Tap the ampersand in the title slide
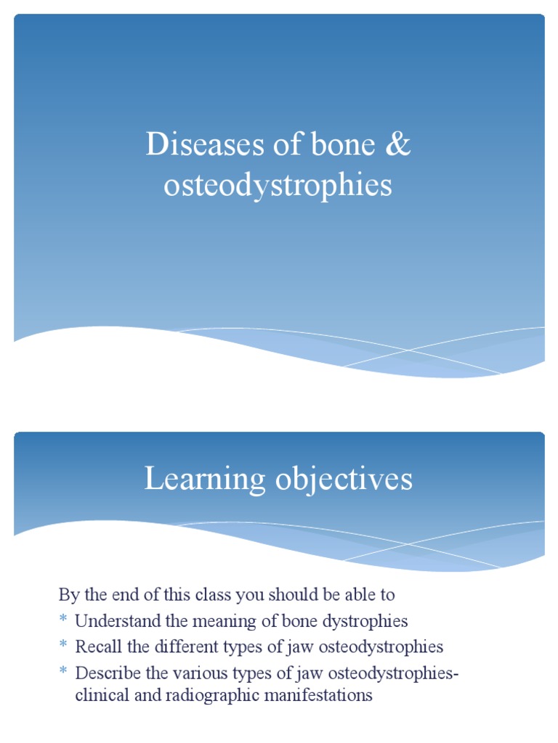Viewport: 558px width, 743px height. pos(396,145)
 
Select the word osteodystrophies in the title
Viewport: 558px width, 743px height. pos(278,186)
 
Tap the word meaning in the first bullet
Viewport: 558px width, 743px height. pos(204,622)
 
